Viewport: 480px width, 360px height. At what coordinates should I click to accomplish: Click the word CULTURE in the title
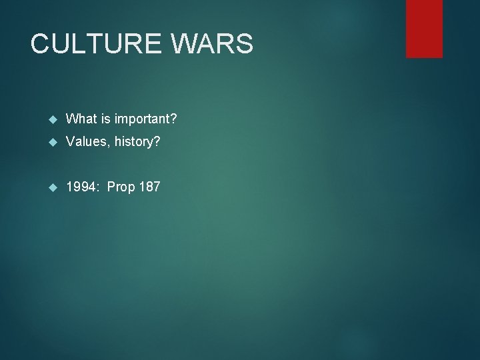click(95, 44)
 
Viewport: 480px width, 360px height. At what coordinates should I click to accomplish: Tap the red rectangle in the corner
click(424, 28)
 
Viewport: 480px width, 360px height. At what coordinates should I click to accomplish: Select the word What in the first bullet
click(82, 119)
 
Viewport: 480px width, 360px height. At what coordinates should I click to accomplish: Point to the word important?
click(146, 119)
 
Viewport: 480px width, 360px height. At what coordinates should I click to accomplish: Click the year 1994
click(81, 187)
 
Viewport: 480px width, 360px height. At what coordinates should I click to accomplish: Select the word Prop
click(121, 187)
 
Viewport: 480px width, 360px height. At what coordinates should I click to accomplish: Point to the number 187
click(149, 187)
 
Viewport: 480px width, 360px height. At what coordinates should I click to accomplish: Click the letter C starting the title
click(41, 44)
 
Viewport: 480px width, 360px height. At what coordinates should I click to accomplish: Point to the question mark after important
click(173, 119)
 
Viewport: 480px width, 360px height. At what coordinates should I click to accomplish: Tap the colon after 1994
click(97, 187)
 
